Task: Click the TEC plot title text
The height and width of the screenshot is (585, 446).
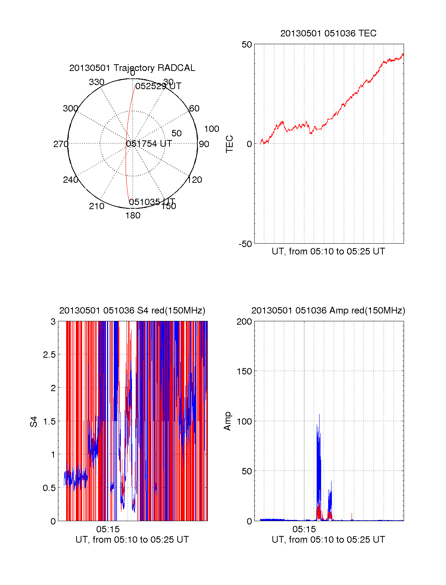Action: coord(328,33)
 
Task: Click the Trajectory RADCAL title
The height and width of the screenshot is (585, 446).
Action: coord(132,68)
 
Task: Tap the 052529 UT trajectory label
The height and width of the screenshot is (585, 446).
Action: coord(158,87)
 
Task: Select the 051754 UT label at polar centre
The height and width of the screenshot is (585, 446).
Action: coord(149,144)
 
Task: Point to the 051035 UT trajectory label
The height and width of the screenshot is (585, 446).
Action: coord(152,202)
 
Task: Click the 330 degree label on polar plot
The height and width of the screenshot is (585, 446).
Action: coord(97,82)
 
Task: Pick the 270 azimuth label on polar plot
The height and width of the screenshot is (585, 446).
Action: coord(61,144)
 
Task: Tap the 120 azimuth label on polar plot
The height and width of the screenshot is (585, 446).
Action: coord(195,180)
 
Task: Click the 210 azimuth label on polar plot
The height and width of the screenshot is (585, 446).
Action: coord(97,206)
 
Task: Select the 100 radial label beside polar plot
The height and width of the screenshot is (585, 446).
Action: coord(211,129)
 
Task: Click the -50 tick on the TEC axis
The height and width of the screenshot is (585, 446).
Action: coord(245,244)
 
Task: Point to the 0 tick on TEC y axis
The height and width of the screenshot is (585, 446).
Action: coord(249,144)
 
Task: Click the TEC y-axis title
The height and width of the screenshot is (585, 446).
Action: coord(230,144)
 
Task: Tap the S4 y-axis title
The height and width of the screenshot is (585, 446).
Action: coord(34,422)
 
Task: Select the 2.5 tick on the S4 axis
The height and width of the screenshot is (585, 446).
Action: coord(49,355)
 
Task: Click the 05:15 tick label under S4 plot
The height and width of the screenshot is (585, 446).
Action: coord(108,529)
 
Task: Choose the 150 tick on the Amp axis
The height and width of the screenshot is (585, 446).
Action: coord(244,371)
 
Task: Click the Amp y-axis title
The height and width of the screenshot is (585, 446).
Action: coord(227,421)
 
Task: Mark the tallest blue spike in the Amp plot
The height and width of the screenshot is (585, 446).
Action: coord(319,415)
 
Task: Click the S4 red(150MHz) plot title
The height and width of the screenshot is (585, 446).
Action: coord(132,311)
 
